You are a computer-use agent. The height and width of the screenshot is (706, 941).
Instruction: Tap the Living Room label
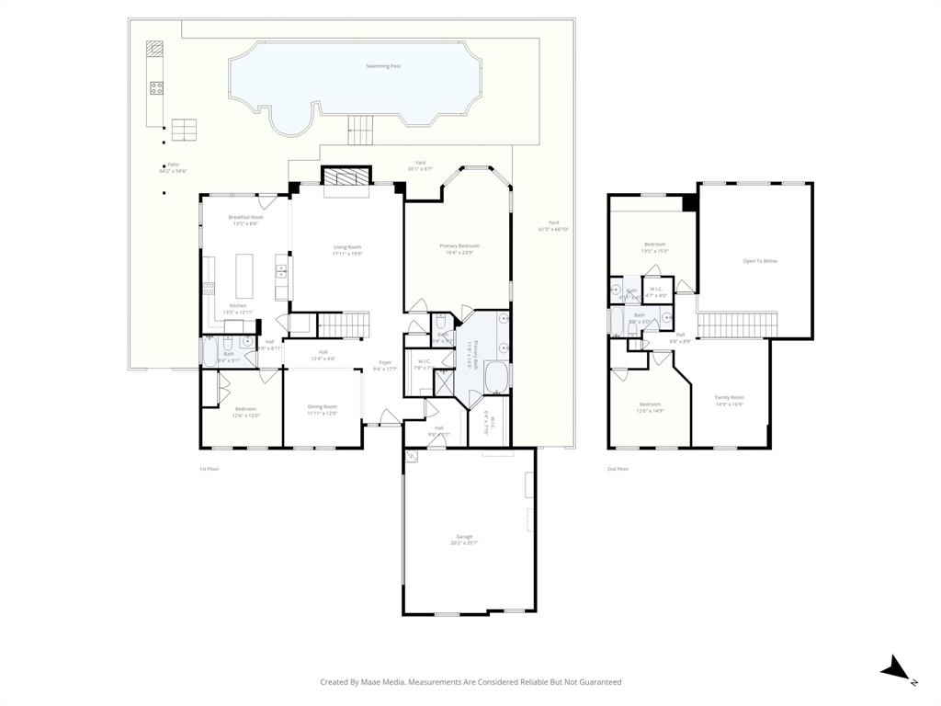point(347,247)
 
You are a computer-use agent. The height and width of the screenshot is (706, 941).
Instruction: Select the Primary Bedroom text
point(459,245)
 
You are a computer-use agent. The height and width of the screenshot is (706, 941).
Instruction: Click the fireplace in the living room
point(345,176)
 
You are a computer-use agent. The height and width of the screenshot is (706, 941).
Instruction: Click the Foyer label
point(385,362)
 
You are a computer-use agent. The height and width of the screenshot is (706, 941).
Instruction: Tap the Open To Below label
point(760,261)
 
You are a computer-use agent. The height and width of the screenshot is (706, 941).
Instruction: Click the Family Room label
point(730,397)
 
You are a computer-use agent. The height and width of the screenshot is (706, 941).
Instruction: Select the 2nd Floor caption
point(618,469)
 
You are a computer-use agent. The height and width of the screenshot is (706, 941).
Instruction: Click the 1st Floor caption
point(210,469)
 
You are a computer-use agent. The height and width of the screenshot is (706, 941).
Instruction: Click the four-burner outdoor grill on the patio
point(156,88)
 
